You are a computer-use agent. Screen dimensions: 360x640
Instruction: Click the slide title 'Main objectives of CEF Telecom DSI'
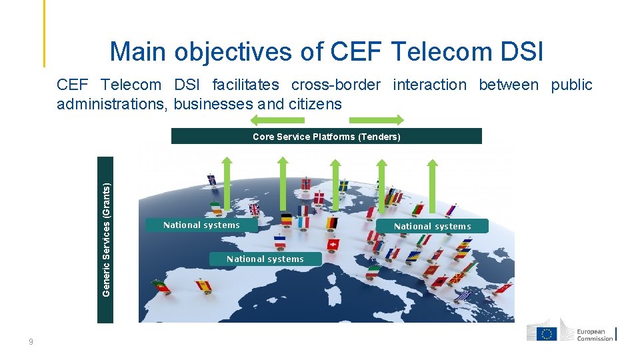coord(327,51)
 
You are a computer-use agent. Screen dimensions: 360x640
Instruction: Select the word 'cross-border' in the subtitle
coord(335,85)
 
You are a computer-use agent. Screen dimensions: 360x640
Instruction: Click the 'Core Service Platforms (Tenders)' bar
coord(326,137)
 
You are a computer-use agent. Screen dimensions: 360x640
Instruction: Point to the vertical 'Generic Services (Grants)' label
coord(105,240)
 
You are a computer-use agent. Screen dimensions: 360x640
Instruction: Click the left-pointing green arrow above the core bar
coord(277,120)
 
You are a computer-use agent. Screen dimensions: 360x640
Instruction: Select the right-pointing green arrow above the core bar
coord(377,120)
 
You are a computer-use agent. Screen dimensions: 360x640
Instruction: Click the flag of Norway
coord(306,183)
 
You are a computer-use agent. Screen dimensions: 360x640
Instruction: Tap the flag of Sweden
coord(343,185)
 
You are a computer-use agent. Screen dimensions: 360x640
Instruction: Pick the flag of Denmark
coord(319,198)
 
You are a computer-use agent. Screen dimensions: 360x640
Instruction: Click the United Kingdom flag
coord(253,209)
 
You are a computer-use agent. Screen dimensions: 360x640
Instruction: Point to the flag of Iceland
coord(211,179)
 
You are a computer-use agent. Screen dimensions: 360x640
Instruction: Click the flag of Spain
coord(203,285)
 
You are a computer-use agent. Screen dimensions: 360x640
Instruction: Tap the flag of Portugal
coord(161,286)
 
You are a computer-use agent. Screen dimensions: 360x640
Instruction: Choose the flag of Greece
coord(464,295)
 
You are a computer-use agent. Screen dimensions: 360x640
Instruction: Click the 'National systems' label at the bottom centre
coord(265,259)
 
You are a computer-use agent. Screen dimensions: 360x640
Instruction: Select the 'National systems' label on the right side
coord(432,226)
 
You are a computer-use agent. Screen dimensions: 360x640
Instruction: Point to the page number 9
coord(31,342)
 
